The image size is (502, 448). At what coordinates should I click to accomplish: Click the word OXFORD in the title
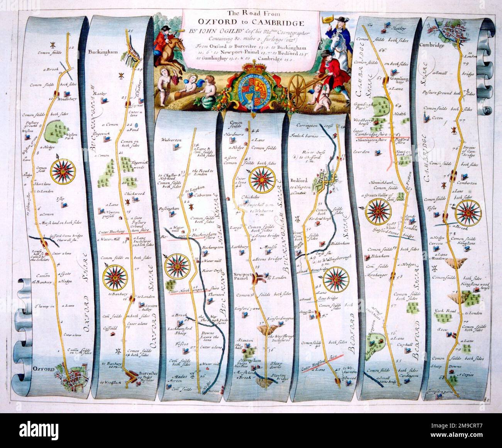pyautogui.click(x=213, y=22)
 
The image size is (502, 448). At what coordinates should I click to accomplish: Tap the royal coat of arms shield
pyautogui.click(x=253, y=89)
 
